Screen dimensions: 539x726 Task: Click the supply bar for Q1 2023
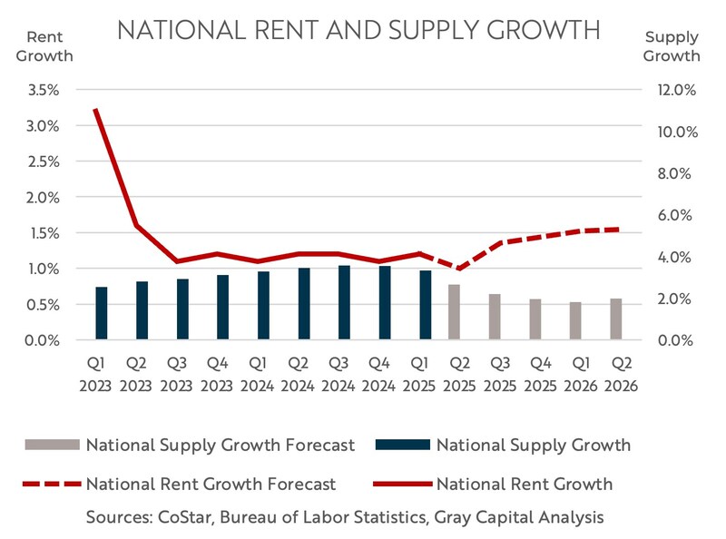pos(102,313)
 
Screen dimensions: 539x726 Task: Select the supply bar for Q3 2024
pos(343,302)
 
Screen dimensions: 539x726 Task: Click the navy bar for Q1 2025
pos(426,305)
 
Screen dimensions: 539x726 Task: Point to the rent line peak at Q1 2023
pos(95,110)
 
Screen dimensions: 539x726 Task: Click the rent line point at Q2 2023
pos(136,225)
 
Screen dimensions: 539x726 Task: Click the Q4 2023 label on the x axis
pos(216,374)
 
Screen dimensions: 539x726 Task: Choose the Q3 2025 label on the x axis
pos(496,374)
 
